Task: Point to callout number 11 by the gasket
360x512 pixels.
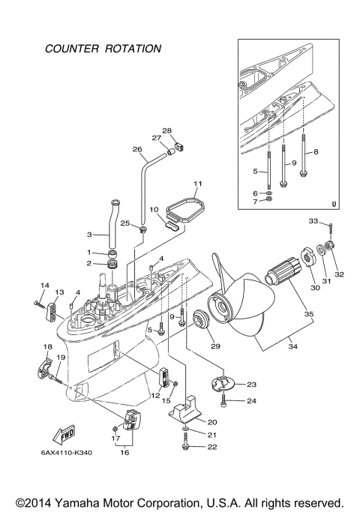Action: [198, 183]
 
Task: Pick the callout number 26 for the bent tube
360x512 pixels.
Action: [136, 149]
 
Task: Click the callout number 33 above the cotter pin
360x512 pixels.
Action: [314, 221]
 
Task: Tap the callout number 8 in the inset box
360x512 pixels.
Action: [316, 151]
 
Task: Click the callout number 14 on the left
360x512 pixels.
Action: [43, 285]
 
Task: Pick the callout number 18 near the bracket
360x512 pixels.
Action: [47, 346]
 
